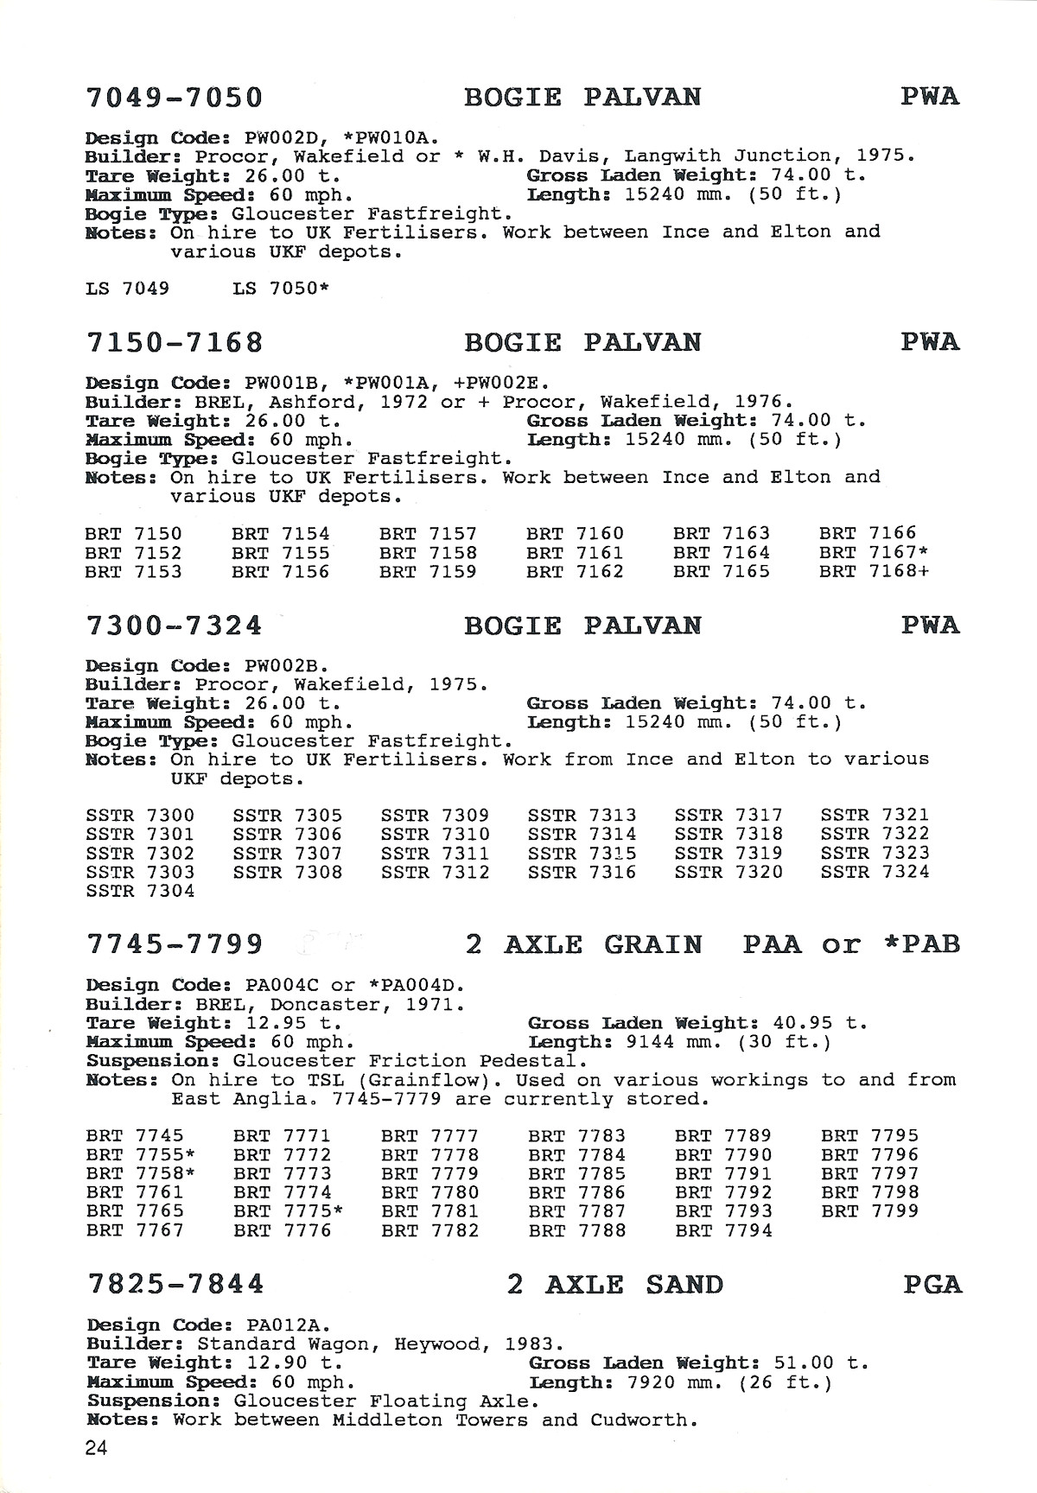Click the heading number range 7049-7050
coord(175,97)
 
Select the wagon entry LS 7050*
coord(281,289)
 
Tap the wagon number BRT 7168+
coord(875,572)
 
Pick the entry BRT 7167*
coord(875,553)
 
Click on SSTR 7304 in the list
coord(141,891)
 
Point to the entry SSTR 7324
coord(875,872)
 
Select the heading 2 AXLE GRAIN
coord(583,944)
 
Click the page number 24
coord(96,1448)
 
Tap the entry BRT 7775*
coord(289,1211)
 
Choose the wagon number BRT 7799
coord(870,1211)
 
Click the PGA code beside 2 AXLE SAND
coord(932,1285)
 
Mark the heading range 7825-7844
coord(175,1285)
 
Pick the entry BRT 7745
coord(136,1135)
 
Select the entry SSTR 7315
coord(582,853)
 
